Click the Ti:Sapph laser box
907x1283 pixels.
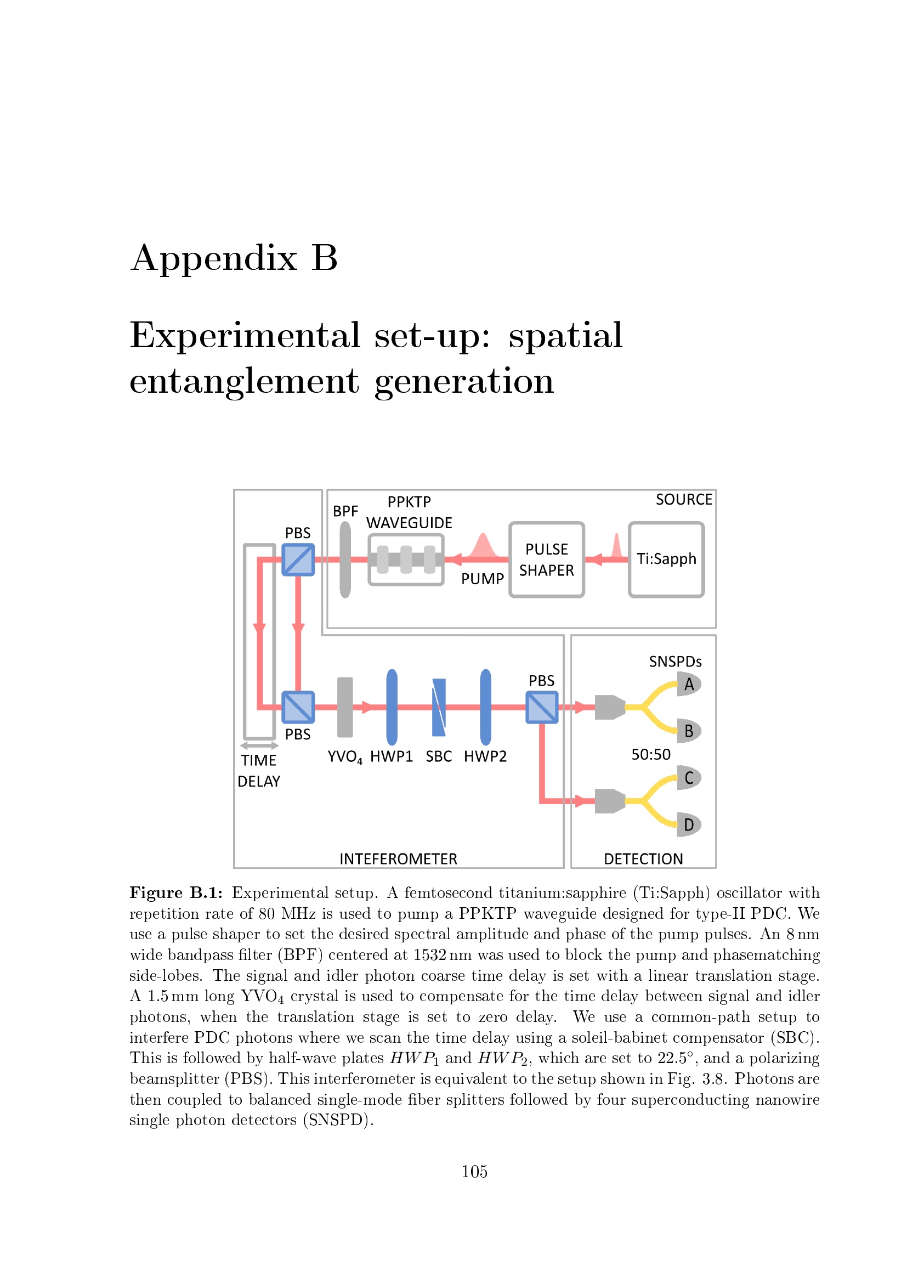coord(666,559)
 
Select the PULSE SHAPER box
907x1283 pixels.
coord(546,559)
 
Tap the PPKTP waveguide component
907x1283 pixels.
coord(406,559)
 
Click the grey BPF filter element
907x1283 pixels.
coord(345,559)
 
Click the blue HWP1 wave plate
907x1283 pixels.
coord(392,707)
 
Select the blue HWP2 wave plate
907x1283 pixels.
coord(486,707)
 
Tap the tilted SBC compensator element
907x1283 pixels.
coord(439,707)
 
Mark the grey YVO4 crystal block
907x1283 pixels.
coord(345,707)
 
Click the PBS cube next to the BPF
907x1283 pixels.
coord(298,559)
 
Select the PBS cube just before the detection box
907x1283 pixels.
coord(542,707)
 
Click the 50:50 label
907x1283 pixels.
coord(651,754)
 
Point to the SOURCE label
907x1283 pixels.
coord(684,499)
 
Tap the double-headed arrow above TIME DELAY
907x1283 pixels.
coord(259,745)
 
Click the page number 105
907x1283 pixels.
coord(474,1171)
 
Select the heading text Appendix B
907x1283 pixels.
coord(234,258)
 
